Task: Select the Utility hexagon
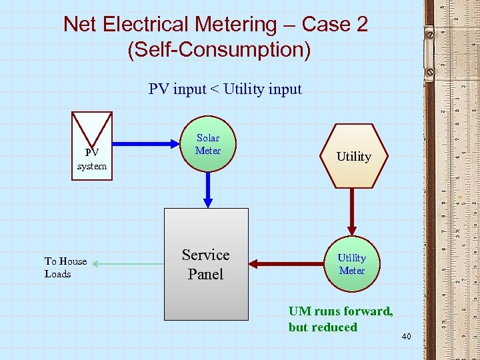click(353, 157)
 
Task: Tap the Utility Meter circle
click(351, 264)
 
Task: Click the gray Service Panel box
click(206, 264)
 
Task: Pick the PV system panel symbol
click(92, 145)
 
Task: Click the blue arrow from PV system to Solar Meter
click(147, 142)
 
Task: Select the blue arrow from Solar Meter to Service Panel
click(208, 189)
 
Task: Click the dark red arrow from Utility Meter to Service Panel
click(287, 265)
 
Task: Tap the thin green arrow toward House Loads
click(127, 265)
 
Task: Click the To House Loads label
click(65, 267)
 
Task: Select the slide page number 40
click(407, 338)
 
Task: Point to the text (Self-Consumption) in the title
click(219, 50)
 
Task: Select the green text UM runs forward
click(340, 311)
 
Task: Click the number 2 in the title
click(361, 25)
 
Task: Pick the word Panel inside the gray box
click(205, 274)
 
